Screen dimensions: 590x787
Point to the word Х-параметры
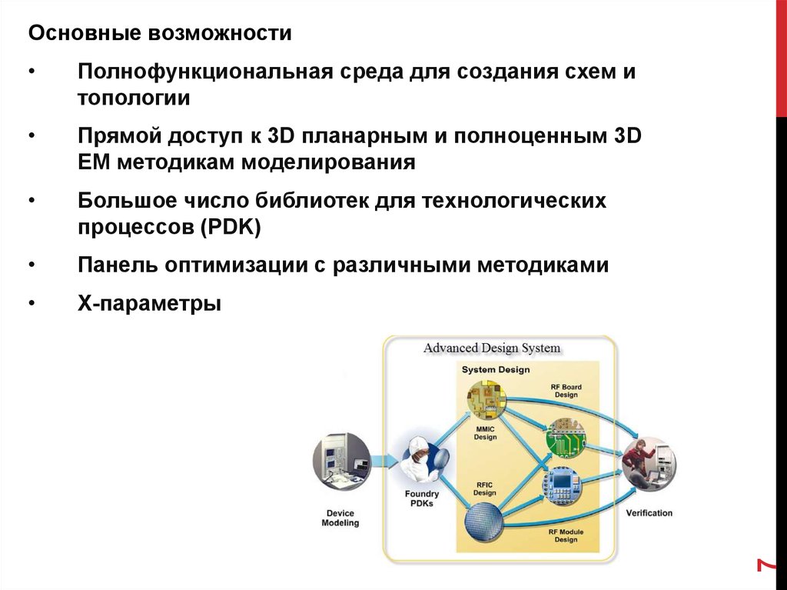149,303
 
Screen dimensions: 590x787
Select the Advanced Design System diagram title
492,348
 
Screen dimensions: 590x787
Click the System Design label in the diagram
495,370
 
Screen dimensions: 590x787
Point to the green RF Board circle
566,439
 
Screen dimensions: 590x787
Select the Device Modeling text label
340,518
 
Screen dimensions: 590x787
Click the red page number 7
764,565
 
